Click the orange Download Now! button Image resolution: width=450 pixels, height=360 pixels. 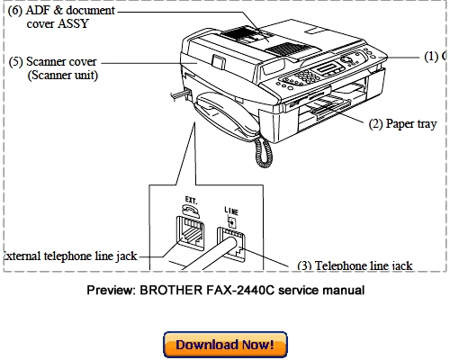[x=225, y=345]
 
